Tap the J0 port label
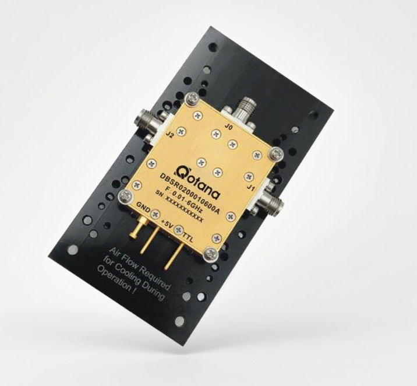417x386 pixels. pyautogui.click(x=229, y=127)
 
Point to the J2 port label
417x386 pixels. pyautogui.click(x=169, y=135)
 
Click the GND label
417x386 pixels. pyautogui.click(x=143, y=206)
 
